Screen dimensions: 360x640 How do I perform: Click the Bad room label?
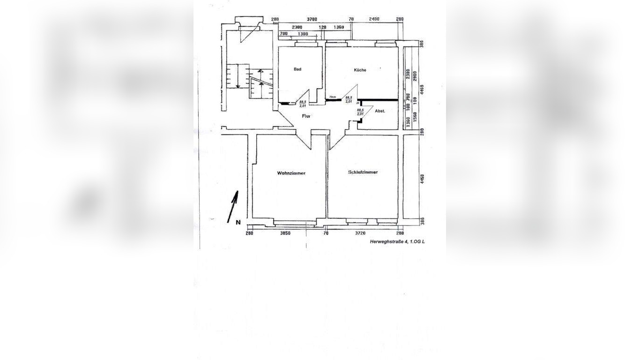[x=298, y=69]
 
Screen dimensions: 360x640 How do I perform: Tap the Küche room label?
[x=360, y=70]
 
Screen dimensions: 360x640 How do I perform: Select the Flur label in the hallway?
[x=306, y=116]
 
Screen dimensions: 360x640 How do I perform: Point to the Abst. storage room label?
[x=380, y=111]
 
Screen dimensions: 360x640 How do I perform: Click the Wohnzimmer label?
[x=291, y=173]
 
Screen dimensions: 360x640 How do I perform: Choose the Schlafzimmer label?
[x=363, y=172]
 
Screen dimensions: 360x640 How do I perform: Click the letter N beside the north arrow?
[x=238, y=222]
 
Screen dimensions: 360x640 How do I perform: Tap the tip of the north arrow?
[x=237, y=192]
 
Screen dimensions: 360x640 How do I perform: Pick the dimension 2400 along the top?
[x=374, y=20]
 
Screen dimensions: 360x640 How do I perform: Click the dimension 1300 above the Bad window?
[x=303, y=34]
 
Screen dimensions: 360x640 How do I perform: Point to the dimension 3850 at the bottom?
[x=285, y=233]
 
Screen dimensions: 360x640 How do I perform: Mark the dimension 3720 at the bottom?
[x=360, y=233]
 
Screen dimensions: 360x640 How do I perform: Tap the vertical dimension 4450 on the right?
[x=422, y=180]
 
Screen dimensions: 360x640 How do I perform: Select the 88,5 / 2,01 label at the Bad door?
[x=303, y=104]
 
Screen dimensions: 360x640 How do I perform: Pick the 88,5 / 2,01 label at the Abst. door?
[x=360, y=112]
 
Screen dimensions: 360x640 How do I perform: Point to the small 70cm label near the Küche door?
[x=333, y=97]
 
